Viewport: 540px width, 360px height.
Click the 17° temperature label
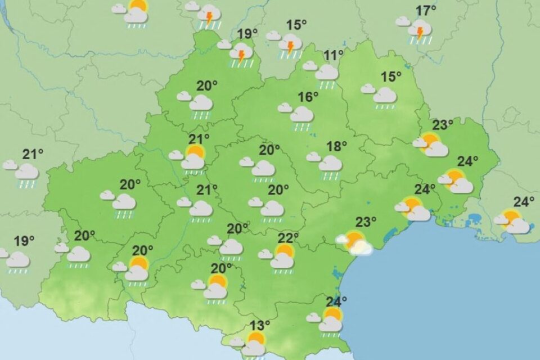426,11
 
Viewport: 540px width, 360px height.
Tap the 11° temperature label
333,55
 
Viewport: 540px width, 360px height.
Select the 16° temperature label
308,97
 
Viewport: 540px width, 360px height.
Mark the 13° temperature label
260,325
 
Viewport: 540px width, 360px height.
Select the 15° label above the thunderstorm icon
296,25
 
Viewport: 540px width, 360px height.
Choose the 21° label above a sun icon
199,139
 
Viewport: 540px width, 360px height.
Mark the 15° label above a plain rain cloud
391,77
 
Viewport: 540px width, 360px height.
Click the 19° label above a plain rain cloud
24,241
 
